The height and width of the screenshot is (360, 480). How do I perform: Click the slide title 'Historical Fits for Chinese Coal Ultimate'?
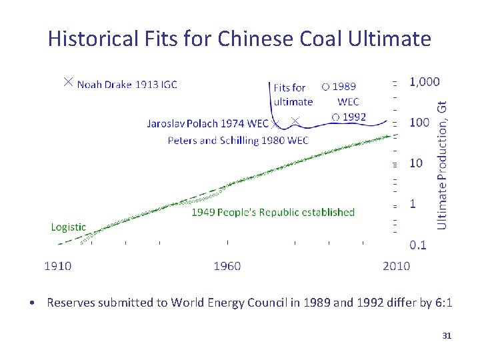click(x=239, y=39)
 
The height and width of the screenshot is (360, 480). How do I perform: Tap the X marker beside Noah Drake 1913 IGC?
click(x=67, y=82)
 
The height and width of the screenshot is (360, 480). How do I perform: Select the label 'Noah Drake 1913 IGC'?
click(x=127, y=84)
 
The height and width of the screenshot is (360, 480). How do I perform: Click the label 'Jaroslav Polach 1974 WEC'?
click(x=207, y=123)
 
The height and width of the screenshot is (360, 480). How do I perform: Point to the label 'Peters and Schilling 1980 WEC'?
click(x=238, y=140)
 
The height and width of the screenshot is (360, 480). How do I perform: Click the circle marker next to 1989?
click(x=325, y=86)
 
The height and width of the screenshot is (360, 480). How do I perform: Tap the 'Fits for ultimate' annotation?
click(x=293, y=95)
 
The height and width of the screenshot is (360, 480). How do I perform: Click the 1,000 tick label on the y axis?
click(x=425, y=81)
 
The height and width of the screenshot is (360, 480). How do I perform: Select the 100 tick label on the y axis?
click(x=419, y=122)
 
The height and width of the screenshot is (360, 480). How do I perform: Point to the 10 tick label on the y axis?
click(x=416, y=163)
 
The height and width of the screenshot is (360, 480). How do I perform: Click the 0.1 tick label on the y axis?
click(x=418, y=245)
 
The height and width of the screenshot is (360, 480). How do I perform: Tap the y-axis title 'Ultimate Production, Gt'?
click(x=442, y=165)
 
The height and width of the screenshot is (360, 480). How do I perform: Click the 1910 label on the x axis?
click(x=58, y=266)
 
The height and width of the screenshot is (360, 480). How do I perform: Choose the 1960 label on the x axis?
click(x=227, y=266)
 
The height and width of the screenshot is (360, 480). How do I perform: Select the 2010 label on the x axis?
click(x=396, y=266)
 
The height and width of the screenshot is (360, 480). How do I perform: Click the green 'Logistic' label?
click(x=69, y=227)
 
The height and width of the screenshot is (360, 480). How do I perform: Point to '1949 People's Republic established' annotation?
click(x=273, y=212)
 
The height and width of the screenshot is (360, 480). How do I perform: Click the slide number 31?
click(x=447, y=335)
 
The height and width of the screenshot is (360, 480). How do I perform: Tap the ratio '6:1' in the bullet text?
click(x=443, y=303)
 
